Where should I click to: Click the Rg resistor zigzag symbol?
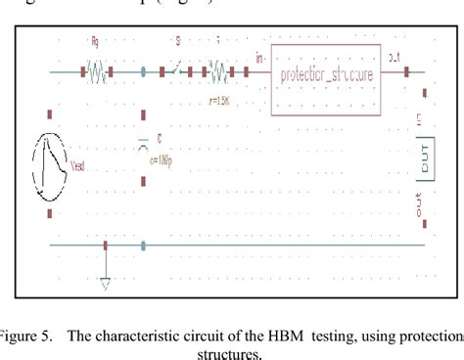[x=97, y=71]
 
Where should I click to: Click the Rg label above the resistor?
[x=94, y=43]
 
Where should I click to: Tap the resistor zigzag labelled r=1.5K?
[x=216, y=71]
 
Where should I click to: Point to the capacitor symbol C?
[x=145, y=145]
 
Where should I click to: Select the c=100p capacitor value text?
[x=159, y=159]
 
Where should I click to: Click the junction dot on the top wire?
[x=144, y=71]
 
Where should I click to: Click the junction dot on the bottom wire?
[x=144, y=246]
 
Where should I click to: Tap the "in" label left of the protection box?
[x=257, y=59]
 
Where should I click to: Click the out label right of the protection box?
[x=393, y=59]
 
